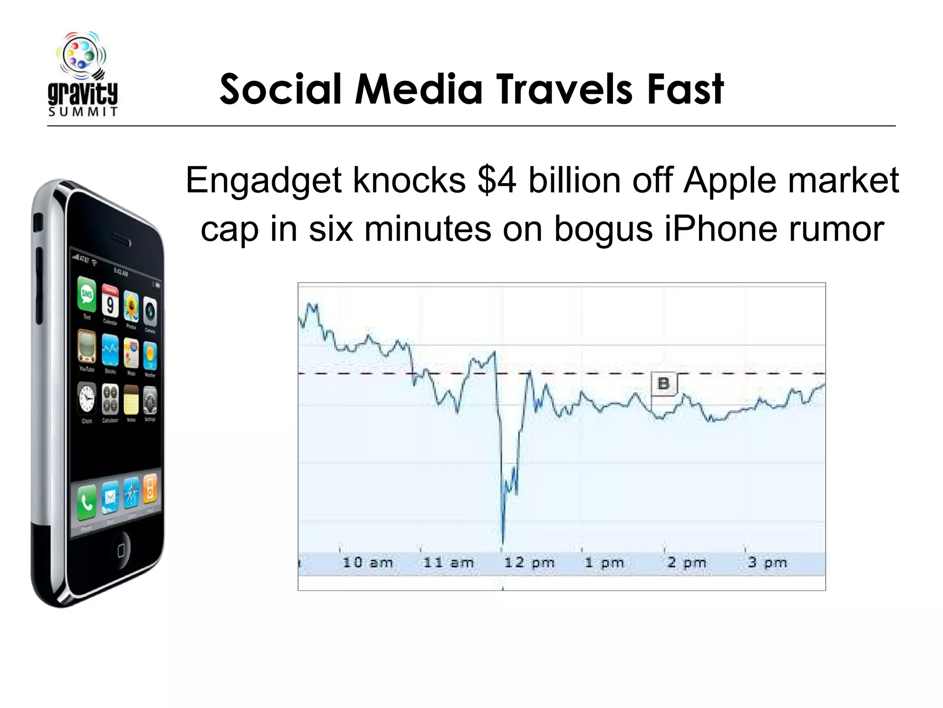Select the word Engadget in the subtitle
click(x=263, y=181)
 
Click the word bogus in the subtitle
click(x=604, y=230)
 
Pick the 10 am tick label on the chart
click(x=367, y=562)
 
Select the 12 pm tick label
click(x=529, y=562)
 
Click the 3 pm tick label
click(x=768, y=562)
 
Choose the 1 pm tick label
click(x=604, y=562)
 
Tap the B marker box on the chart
click(x=664, y=383)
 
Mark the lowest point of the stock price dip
click(x=502, y=543)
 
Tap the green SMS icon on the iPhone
click(x=87, y=294)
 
